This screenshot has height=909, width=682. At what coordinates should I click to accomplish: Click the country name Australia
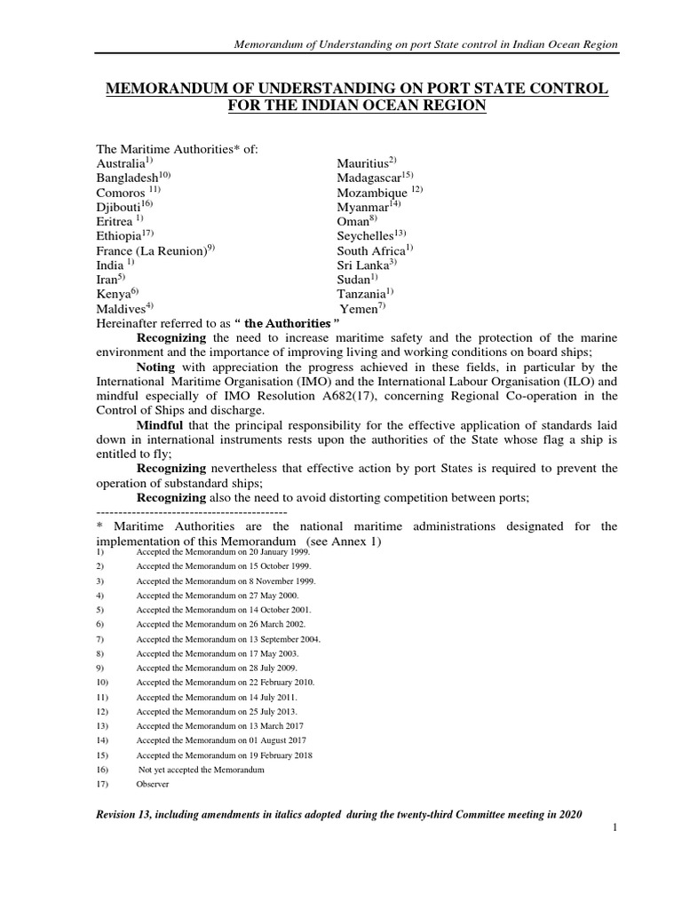[x=120, y=164]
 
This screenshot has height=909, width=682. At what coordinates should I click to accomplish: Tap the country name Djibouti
[x=118, y=207]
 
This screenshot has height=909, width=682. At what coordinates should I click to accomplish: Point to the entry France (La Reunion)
[x=151, y=250]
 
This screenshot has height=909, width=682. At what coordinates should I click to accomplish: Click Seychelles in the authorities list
[x=366, y=236]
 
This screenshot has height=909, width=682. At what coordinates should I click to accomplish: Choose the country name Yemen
[x=360, y=308]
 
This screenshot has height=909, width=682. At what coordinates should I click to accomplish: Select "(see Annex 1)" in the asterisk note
[x=344, y=541]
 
